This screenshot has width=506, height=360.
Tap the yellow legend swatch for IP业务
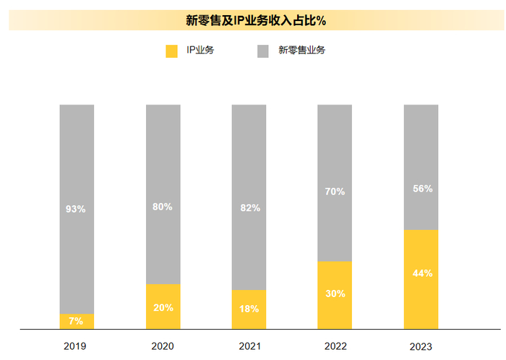coord(171,51)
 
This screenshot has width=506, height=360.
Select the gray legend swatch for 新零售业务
coord(263,51)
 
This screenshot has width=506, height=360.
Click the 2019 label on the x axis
coord(75,346)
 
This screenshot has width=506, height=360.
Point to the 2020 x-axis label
coord(163,346)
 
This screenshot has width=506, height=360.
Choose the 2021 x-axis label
coord(249,346)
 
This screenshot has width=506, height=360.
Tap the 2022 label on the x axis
coord(335,346)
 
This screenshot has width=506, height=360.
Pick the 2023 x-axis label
coord(421,346)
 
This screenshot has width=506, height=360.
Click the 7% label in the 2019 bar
coord(76,320)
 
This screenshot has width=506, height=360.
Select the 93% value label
coord(76,210)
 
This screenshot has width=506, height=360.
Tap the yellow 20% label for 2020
coord(163,307)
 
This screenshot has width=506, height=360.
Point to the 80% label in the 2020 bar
coord(163,207)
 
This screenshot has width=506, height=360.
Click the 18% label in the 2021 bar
coord(249,309)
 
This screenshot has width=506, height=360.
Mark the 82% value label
coord(249,208)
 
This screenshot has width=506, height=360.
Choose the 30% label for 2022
coord(335,293)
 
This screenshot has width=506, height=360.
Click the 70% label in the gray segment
coord(335,192)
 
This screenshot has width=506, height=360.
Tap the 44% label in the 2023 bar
coord(421,273)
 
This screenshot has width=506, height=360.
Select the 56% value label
coord(421,189)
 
